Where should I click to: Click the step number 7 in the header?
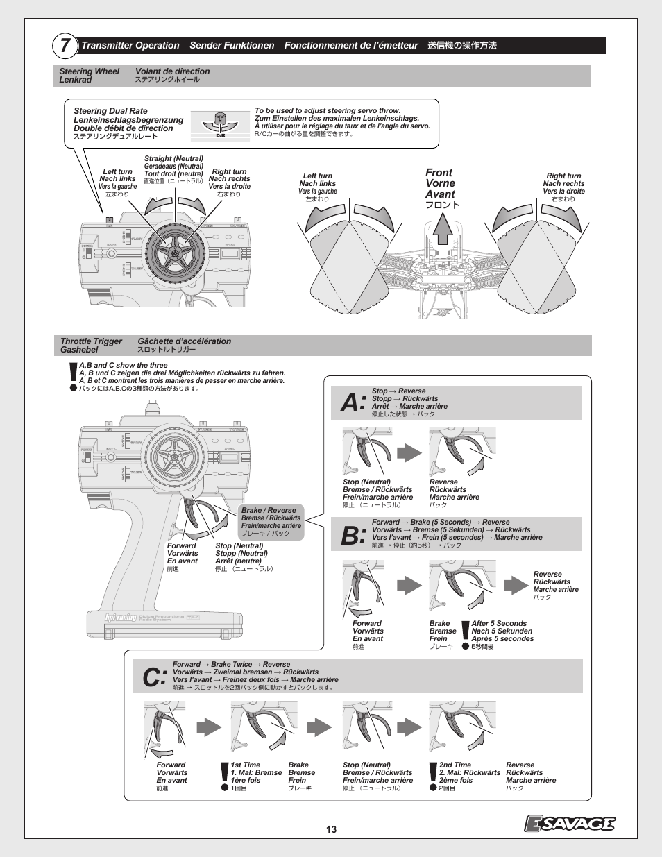coord(64,46)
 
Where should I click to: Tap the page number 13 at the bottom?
coord(331,829)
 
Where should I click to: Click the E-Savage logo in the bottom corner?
coord(569,823)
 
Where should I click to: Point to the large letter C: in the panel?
coord(153,677)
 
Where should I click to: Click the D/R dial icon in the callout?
coord(221,124)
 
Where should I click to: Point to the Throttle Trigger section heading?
coord(91,341)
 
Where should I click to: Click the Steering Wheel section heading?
coord(89,71)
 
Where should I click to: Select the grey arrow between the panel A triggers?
coord(409,453)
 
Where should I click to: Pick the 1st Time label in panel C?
coord(246,765)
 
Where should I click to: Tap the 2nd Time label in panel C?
coord(455,765)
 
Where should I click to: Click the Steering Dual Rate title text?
coord(110,111)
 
